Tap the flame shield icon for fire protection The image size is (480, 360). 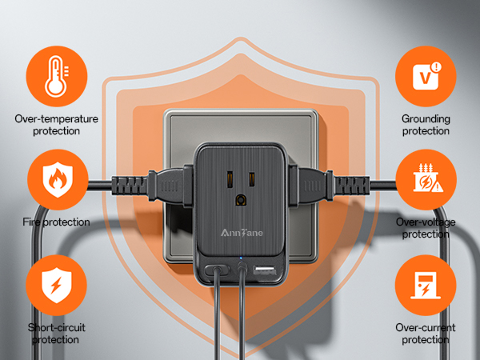(57, 182)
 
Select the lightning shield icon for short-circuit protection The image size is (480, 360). (57, 286)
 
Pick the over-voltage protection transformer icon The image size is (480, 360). (426, 182)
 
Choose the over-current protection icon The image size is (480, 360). (426, 286)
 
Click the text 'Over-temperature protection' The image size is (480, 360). (57, 125)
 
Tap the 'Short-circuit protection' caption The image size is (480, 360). (57, 334)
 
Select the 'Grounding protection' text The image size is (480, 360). (426, 125)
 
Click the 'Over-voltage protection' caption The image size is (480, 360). (426, 229)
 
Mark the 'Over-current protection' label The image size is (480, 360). (426, 334)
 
